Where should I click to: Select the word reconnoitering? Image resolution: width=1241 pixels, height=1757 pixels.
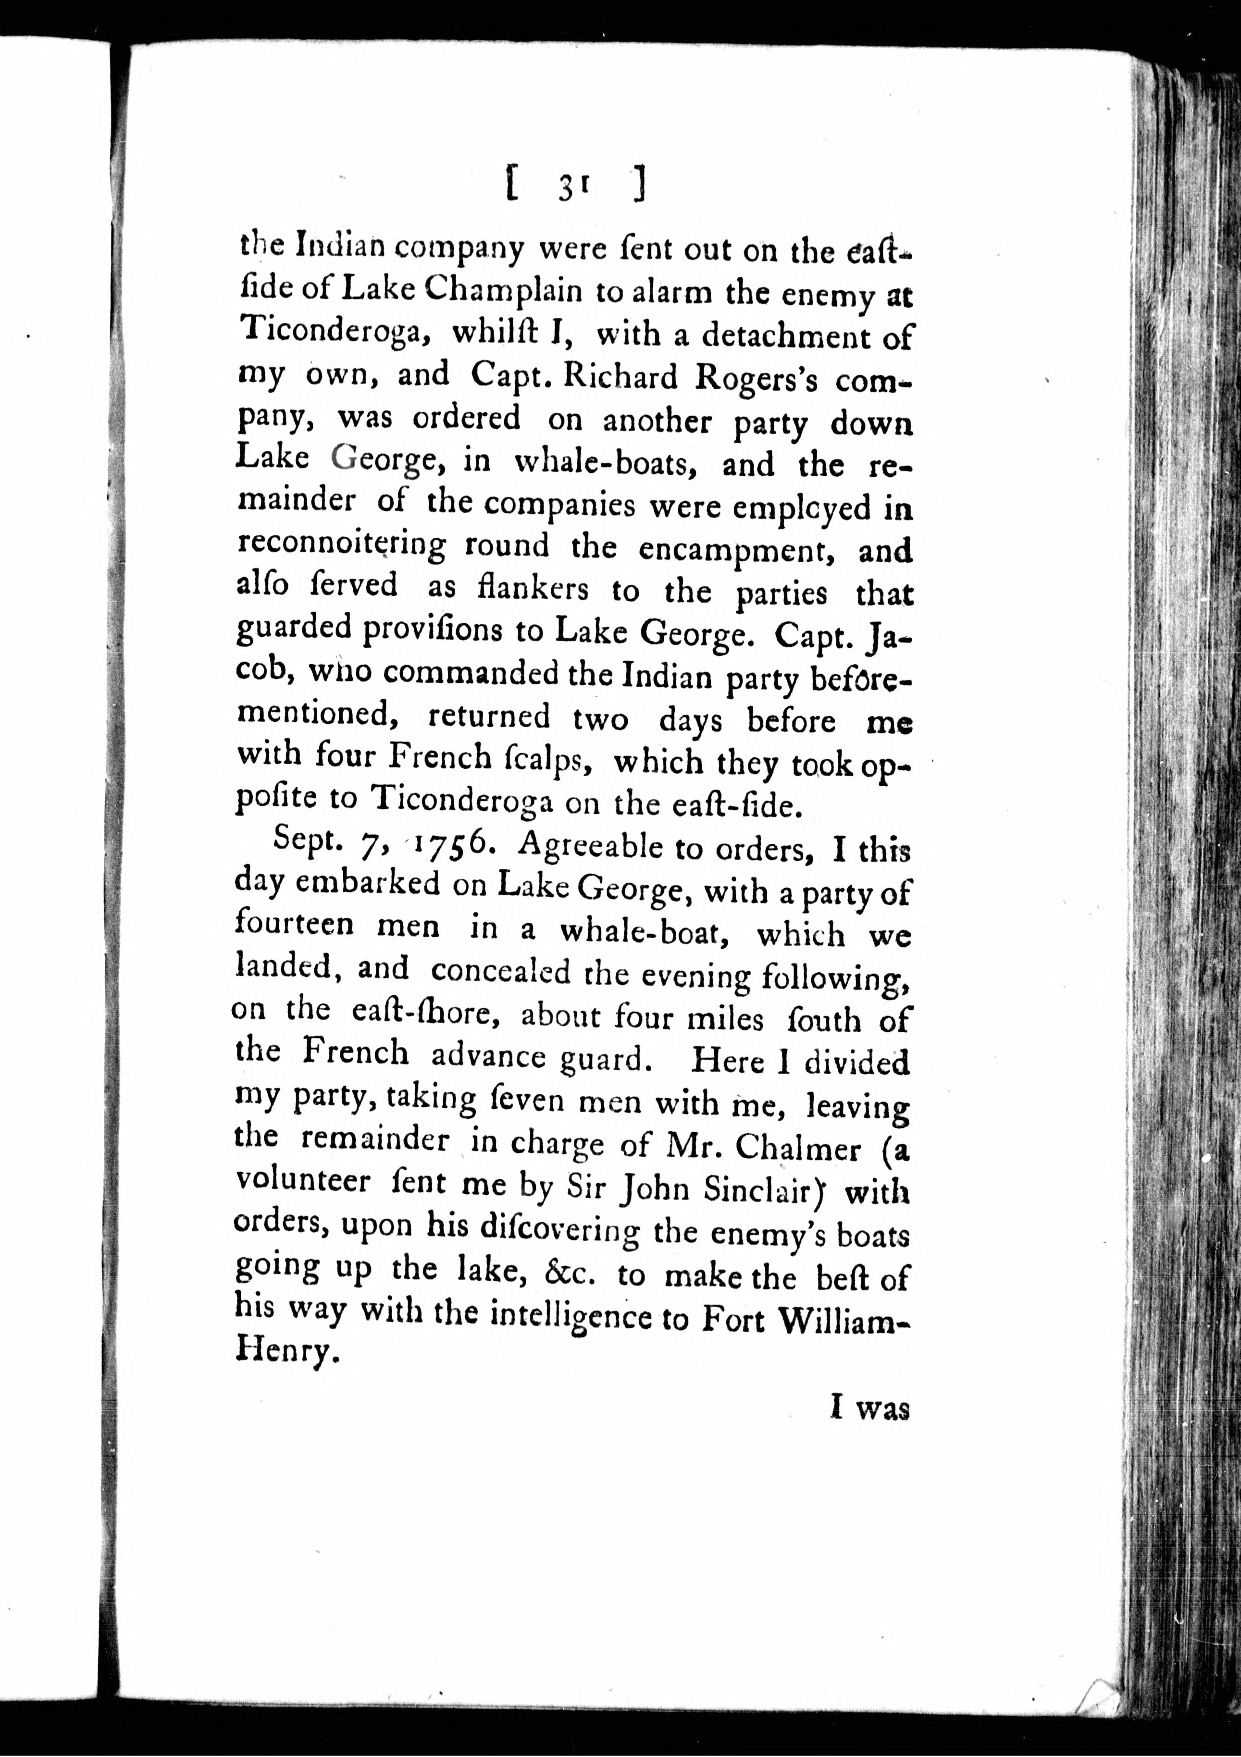pos(341,545)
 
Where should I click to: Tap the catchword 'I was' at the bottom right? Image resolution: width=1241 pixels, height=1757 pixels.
pos(870,1409)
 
